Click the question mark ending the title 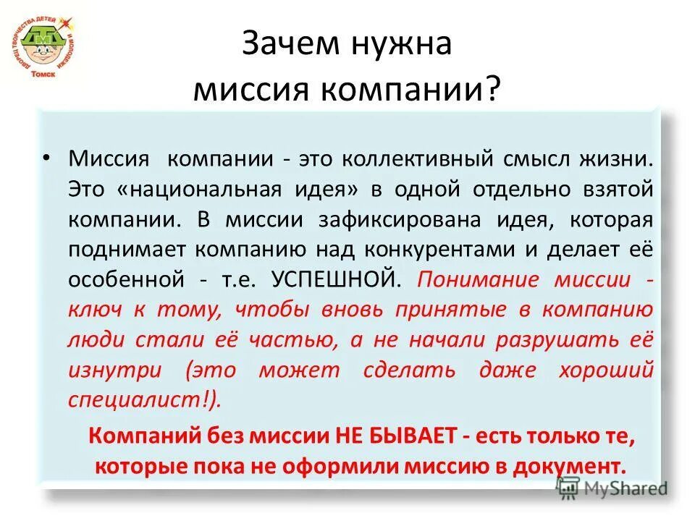coord(492,90)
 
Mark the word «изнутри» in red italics coord(115,370)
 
